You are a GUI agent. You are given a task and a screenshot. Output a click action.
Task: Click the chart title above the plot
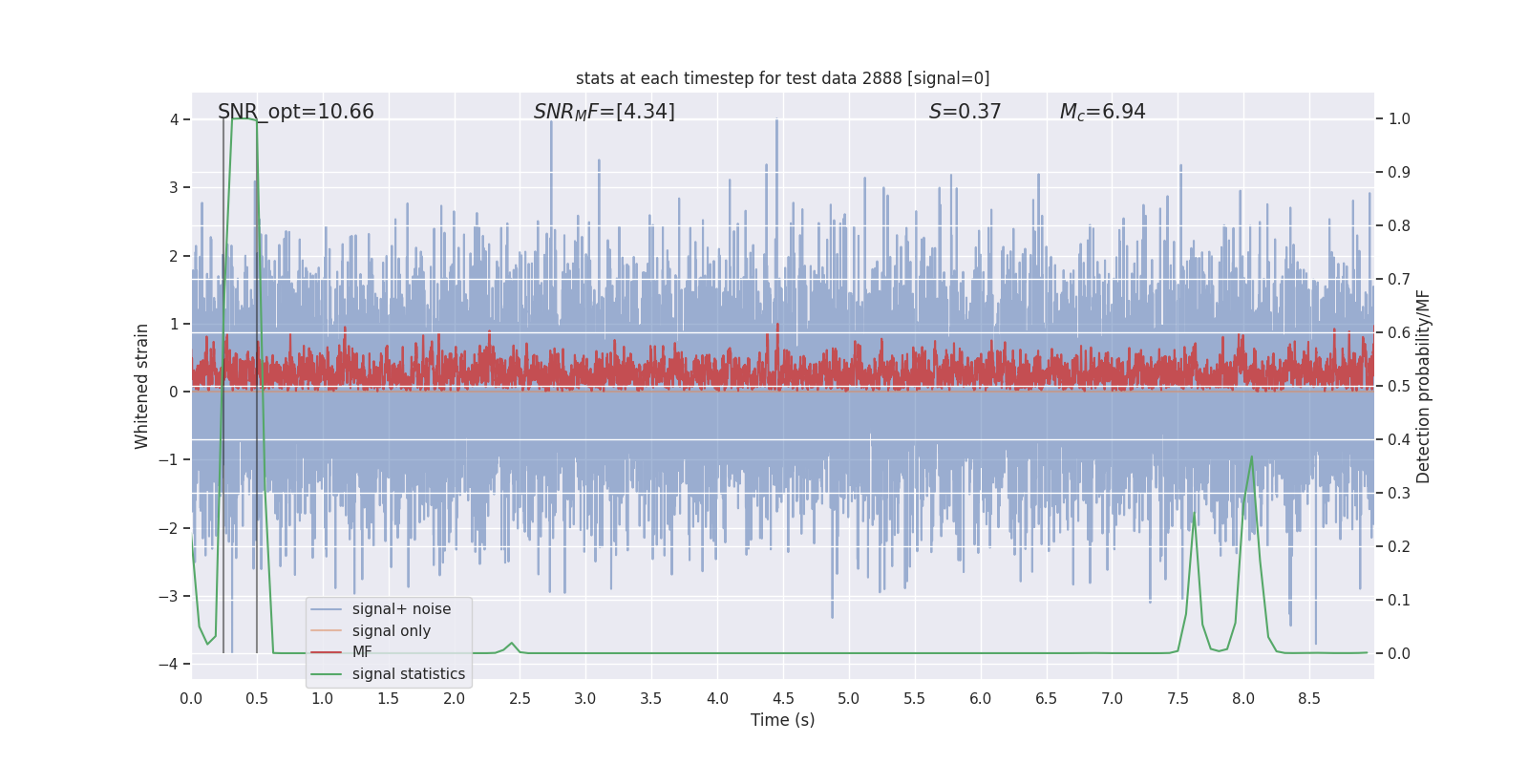[782, 78]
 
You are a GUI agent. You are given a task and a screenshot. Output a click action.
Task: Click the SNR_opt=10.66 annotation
[296, 112]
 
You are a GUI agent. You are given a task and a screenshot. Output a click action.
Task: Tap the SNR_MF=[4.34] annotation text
[604, 112]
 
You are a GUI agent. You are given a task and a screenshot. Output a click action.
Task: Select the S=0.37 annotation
[965, 112]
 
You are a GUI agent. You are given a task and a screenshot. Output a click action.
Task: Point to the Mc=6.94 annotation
[1102, 112]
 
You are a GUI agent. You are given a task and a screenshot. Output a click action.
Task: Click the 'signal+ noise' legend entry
[401, 609]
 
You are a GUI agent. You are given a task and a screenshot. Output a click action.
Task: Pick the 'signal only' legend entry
[391, 631]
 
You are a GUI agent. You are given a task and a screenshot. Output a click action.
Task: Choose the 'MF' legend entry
[362, 652]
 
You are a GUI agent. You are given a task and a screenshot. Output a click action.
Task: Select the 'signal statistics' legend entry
[408, 674]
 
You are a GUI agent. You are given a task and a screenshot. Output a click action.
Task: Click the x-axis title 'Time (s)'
[782, 720]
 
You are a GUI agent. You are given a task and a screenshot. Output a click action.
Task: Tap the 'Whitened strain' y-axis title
[142, 386]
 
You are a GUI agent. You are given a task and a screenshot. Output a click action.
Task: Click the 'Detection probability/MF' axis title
[1423, 386]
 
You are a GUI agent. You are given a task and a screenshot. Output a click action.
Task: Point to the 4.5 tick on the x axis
[783, 699]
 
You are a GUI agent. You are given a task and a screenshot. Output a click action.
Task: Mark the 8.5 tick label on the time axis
[1308, 699]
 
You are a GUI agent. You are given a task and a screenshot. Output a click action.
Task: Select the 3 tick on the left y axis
[175, 187]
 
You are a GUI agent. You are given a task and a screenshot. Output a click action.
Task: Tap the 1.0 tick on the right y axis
[1399, 119]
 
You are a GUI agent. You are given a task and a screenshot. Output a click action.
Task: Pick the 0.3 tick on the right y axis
[1399, 494]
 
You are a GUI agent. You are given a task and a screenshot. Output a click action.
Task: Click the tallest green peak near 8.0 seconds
[1252, 457]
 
